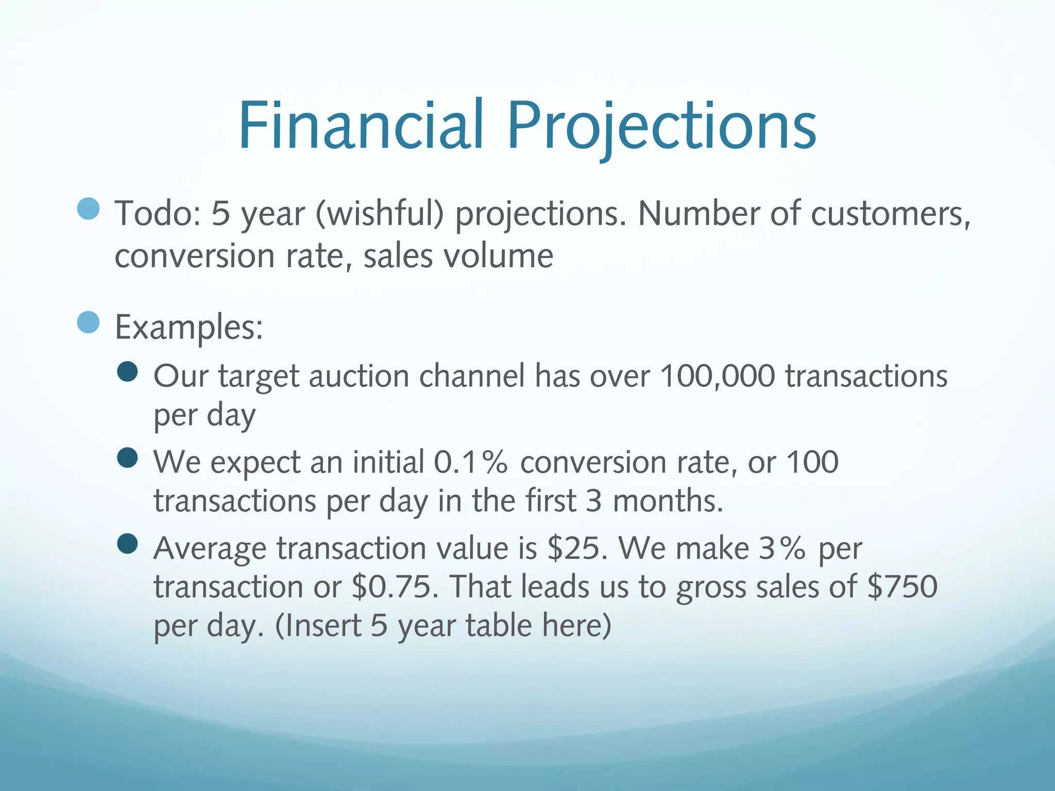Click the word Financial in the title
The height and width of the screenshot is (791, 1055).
tap(361, 125)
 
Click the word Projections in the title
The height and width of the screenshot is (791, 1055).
tap(661, 125)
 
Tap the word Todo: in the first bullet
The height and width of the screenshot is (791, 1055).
tap(158, 213)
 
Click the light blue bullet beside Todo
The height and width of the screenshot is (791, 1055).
tap(88, 209)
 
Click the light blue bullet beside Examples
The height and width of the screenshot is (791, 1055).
tap(88, 323)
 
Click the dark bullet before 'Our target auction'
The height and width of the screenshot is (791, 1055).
tap(127, 371)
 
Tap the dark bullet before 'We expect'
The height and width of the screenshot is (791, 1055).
tap(127, 457)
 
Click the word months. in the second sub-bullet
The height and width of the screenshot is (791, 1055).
tap(668, 501)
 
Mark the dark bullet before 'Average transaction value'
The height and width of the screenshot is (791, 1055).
tap(127, 543)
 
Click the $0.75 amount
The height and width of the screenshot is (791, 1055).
tap(395, 587)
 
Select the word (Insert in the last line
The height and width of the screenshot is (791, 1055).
tap(318, 626)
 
